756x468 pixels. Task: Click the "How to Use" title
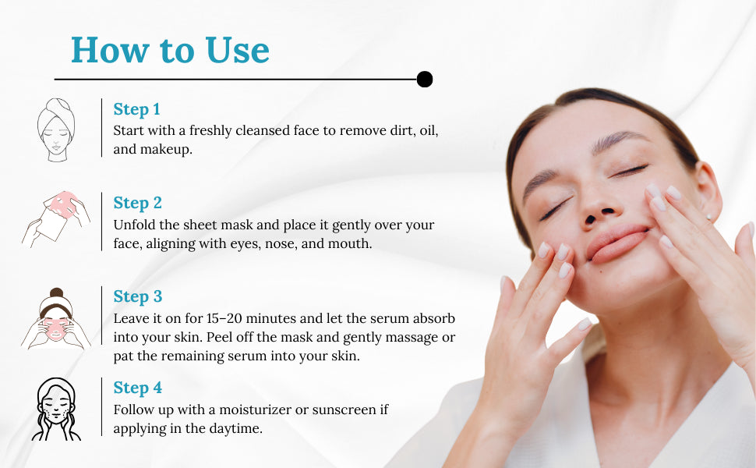click(x=170, y=50)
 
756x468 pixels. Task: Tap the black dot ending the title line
click(x=424, y=79)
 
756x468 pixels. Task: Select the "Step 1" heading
click(x=136, y=109)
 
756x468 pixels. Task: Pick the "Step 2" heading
click(x=137, y=203)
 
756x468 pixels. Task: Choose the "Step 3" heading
click(x=137, y=296)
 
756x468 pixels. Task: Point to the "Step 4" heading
click(x=137, y=388)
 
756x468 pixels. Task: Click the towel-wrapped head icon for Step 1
click(x=56, y=129)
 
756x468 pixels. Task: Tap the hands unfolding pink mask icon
click(x=56, y=218)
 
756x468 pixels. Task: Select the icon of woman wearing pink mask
click(x=56, y=318)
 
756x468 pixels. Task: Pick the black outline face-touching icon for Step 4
click(x=56, y=409)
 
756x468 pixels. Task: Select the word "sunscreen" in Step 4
click(x=344, y=410)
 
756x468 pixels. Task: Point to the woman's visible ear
click(x=708, y=190)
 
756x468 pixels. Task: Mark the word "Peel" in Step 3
click(x=219, y=337)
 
